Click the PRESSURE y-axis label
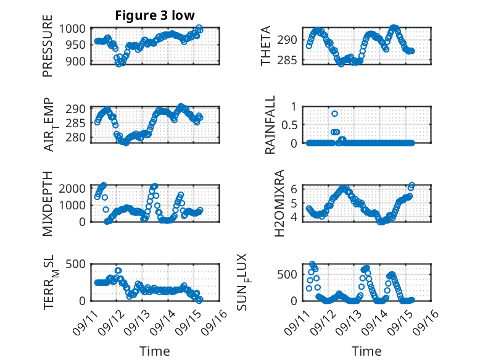click(48, 50)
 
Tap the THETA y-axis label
click(266, 46)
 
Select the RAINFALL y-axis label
click(270, 127)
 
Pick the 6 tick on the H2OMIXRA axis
click(295, 188)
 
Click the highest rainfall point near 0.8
click(334, 114)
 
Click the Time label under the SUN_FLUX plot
click(366, 351)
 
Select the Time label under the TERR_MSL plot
click(155, 351)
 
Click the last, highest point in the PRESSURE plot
click(199, 28)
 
